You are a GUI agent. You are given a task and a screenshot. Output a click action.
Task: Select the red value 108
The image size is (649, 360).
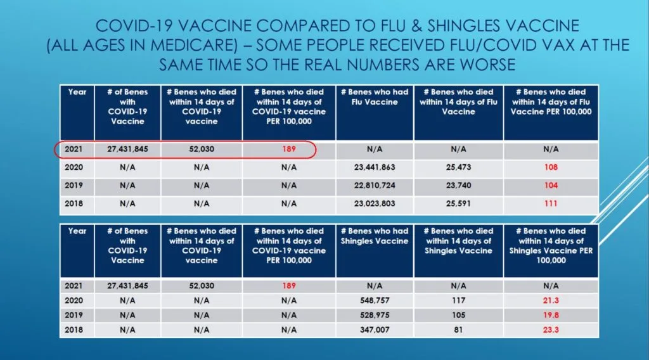pyautogui.click(x=551, y=168)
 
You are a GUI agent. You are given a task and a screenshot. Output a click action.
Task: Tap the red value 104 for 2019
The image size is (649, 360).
pyautogui.click(x=551, y=186)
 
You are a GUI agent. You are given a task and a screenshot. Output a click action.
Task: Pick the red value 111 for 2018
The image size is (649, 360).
pyautogui.click(x=551, y=204)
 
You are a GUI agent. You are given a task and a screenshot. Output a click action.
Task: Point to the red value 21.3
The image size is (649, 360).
pyautogui.click(x=551, y=300)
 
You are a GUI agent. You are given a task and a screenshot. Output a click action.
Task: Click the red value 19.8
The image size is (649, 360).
pyautogui.click(x=551, y=314)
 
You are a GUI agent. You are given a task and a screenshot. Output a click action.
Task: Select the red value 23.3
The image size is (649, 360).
pyautogui.click(x=551, y=329)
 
